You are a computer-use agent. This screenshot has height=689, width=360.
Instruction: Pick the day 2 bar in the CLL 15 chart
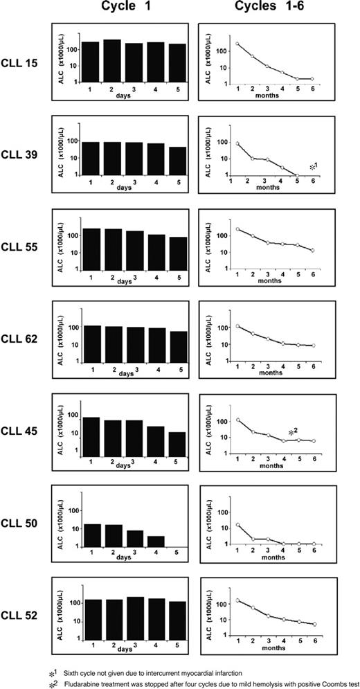coord(112,61)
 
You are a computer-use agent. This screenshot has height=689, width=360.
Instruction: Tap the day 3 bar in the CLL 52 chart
coord(134,616)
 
